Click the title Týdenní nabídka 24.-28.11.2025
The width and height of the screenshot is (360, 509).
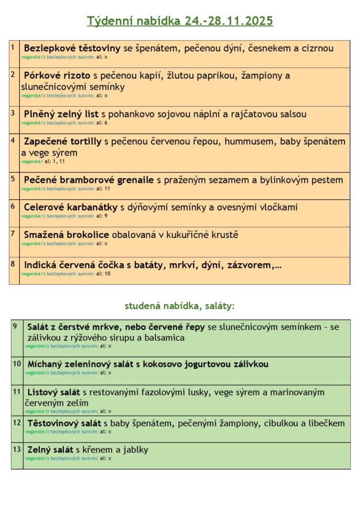point(180,21)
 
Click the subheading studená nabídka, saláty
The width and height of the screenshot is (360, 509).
point(180,306)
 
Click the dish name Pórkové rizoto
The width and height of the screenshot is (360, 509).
point(57,75)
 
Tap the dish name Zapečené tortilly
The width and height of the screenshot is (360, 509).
point(63,141)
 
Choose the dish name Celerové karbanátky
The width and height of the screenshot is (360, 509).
point(70,207)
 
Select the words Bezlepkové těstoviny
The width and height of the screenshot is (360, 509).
point(72,48)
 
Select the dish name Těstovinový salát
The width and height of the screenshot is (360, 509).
point(64,423)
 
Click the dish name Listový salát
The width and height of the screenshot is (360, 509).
point(54,393)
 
